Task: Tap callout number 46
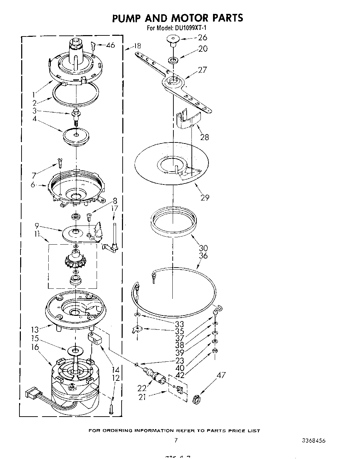(110, 45)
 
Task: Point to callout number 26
(202, 38)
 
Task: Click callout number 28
(204, 137)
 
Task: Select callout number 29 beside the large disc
(205, 197)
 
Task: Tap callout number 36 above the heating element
(203, 256)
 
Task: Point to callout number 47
(221, 375)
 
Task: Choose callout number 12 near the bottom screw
(116, 378)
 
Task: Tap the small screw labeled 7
(59, 162)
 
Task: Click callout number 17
(115, 208)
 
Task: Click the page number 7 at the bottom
(176, 440)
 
